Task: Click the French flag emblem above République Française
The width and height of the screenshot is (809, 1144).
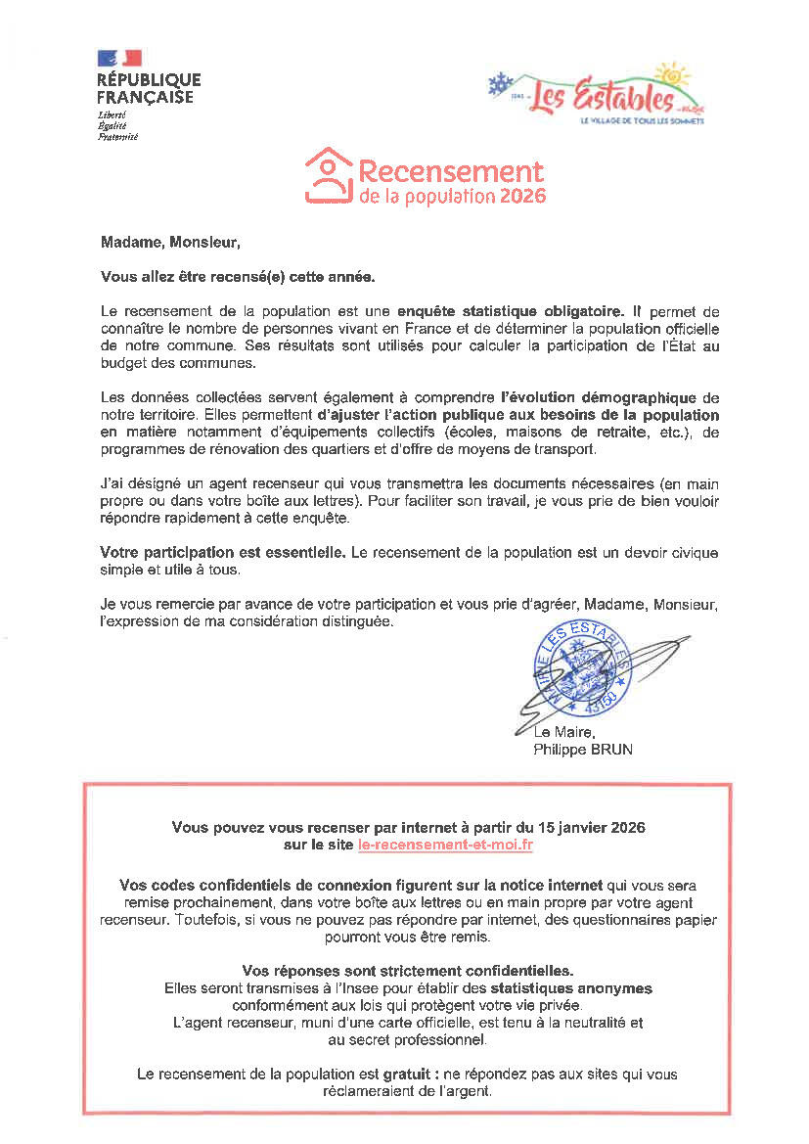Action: click(x=119, y=59)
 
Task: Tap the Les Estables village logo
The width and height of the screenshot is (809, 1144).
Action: click(x=597, y=93)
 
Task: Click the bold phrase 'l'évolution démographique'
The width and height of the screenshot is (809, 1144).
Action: click(x=598, y=397)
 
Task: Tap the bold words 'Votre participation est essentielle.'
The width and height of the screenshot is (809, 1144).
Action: click(x=223, y=553)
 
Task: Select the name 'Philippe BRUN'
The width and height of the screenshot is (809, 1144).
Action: click(x=583, y=750)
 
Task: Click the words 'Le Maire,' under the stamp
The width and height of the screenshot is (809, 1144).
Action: click(x=564, y=733)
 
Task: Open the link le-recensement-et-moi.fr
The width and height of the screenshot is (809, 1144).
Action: click(x=446, y=845)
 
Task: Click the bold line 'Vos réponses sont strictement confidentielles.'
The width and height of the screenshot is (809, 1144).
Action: click(x=408, y=971)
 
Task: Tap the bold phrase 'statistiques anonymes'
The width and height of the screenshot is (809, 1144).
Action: click(x=571, y=988)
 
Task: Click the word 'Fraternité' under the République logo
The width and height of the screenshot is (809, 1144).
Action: click(x=117, y=136)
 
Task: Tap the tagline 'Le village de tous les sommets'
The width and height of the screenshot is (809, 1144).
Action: click(x=642, y=121)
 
